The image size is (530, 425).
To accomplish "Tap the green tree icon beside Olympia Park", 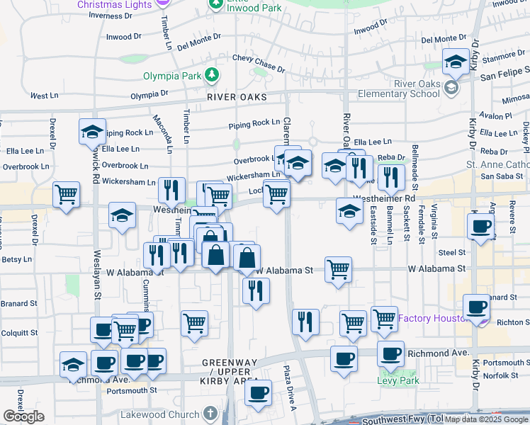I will (x=210, y=74).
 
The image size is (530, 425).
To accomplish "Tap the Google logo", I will (x=23, y=416).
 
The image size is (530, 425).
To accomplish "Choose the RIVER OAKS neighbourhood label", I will (x=237, y=97).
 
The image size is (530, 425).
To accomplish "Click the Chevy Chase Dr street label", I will (x=259, y=63).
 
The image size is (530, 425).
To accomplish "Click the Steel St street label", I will (x=451, y=251).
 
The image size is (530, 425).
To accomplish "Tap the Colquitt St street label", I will (x=19, y=332).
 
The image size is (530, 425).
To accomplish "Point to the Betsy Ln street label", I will (x=13, y=259).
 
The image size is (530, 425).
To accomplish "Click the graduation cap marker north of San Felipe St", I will (x=453, y=62).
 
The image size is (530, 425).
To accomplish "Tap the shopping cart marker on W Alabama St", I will (x=338, y=269).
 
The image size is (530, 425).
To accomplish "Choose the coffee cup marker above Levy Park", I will (x=390, y=352).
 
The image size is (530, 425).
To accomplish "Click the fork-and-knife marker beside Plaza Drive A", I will (x=305, y=321).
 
